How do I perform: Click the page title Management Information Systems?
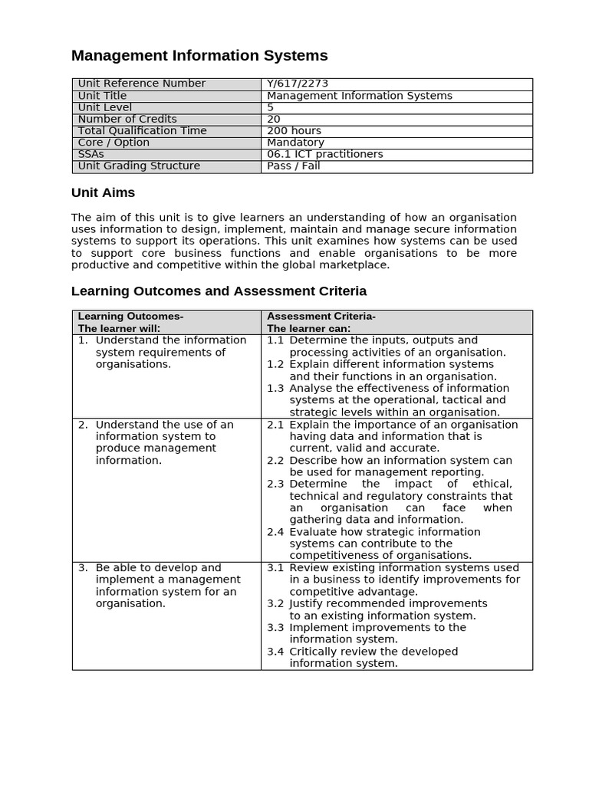(x=199, y=56)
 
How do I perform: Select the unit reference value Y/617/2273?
(x=298, y=84)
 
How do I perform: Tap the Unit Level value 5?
(x=271, y=107)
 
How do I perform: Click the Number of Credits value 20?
(x=274, y=119)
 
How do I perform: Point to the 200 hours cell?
(x=294, y=131)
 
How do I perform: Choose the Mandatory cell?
(x=295, y=143)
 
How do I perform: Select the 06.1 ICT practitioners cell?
(x=324, y=154)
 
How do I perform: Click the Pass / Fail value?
(x=293, y=166)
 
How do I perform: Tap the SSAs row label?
(x=90, y=154)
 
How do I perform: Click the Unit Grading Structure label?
(x=139, y=166)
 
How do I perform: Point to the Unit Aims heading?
(x=103, y=193)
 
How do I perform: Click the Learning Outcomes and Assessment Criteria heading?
(x=219, y=291)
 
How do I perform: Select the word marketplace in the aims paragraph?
(x=356, y=265)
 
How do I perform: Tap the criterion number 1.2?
(x=275, y=364)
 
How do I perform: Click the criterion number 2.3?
(x=275, y=484)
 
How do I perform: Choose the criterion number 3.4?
(x=275, y=652)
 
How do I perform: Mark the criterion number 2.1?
(x=275, y=425)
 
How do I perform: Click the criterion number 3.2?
(x=275, y=603)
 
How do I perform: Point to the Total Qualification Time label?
(x=142, y=131)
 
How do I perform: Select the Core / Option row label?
(x=114, y=143)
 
